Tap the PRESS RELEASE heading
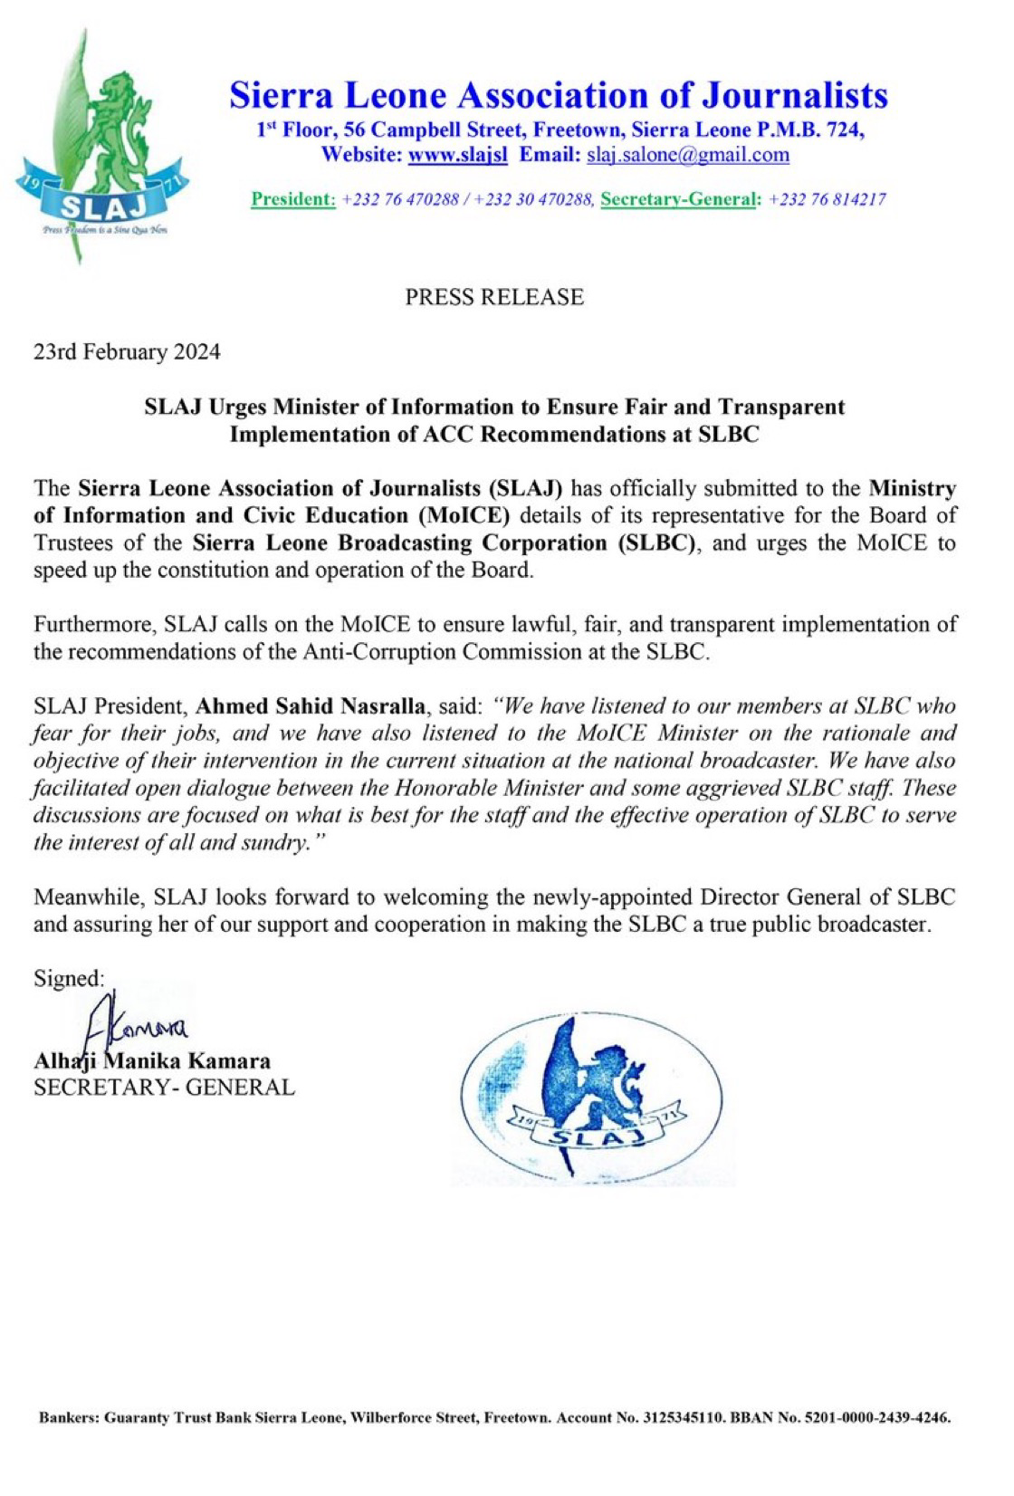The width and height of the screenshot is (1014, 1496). [x=494, y=297]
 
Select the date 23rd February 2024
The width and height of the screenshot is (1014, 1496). [x=127, y=352]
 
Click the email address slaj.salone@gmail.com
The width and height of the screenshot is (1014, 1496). [x=688, y=155]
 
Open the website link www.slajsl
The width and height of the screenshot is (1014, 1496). [x=458, y=155]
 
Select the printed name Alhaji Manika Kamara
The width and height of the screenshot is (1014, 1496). [x=152, y=1060]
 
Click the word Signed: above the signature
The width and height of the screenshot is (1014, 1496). [x=69, y=978]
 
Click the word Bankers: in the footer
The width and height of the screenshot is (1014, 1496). [x=69, y=1418]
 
